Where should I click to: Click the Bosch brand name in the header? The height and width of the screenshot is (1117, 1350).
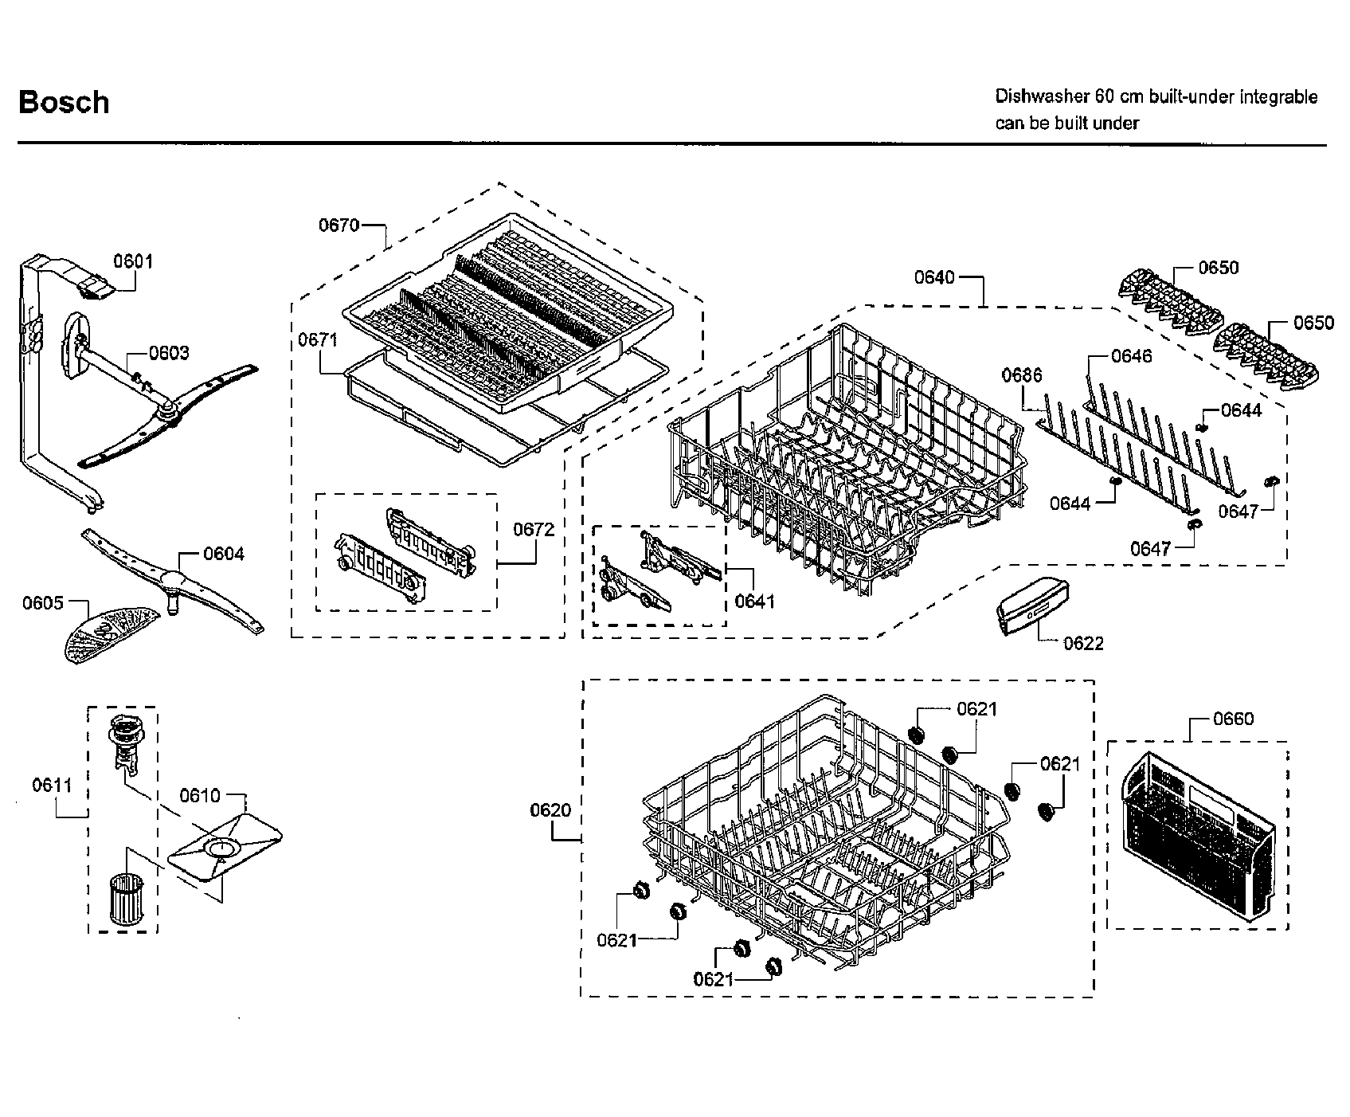pyautogui.click(x=64, y=103)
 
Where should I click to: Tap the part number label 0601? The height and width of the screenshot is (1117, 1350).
pyautogui.click(x=133, y=261)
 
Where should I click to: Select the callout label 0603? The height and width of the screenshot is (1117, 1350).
pyautogui.click(x=169, y=353)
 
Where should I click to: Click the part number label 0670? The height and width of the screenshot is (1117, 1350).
pyautogui.click(x=339, y=225)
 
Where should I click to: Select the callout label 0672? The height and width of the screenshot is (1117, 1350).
pyautogui.click(x=534, y=529)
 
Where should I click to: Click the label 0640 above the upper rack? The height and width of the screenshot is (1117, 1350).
pyautogui.click(x=934, y=277)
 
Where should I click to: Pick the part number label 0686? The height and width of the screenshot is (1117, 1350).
pyautogui.click(x=1022, y=375)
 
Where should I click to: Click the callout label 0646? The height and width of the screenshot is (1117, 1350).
pyautogui.click(x=1131, y=356)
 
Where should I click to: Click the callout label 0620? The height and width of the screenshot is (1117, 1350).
pyautogui.click(x=550, y=811)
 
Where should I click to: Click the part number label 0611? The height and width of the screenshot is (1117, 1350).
pyautogui.click(x=53, y=786)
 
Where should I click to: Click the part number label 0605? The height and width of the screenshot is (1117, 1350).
pyautogui.click(x=42, y=603)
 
